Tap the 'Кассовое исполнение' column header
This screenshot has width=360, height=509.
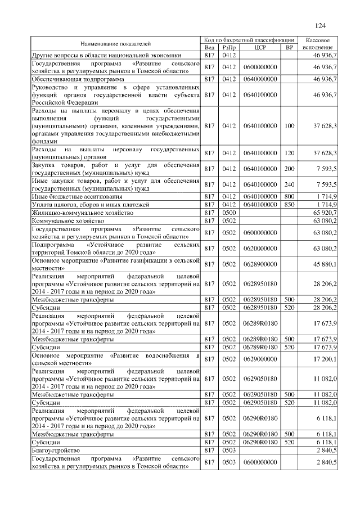point(320,44)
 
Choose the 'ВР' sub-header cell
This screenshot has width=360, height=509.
point(290,48)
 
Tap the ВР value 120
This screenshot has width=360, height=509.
point(290,153)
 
